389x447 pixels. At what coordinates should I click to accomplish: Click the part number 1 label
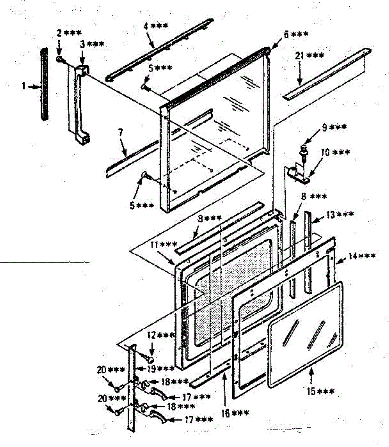pos(23,86)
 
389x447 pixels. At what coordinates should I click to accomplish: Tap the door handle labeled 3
pos(82,104)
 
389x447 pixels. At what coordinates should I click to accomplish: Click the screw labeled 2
pos(60,59)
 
